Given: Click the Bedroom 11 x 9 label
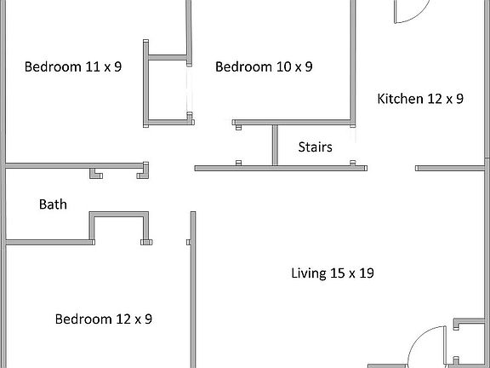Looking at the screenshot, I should tap(73, 66).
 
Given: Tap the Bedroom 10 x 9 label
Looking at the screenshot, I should tap(264, 66).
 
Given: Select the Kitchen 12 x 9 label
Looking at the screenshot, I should tap(420, 99).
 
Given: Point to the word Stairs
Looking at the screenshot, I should tap(315, 147).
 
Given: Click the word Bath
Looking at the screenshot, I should tap(53, 204).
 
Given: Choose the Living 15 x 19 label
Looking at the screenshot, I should tap(333, 273).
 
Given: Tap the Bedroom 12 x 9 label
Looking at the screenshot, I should tap(104, 319).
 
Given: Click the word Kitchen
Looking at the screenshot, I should tap(400, 99).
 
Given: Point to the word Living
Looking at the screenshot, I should tap(307, 273).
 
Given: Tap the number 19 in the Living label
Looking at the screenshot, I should tap(367, 273).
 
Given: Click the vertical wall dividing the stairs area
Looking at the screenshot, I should tap(274, 145).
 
